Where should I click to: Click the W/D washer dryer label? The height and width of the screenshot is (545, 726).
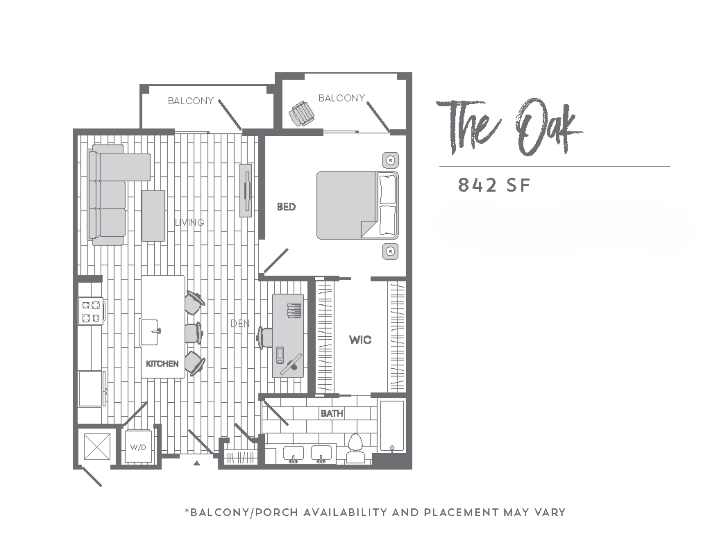pyautogui.click(x=138, y=447)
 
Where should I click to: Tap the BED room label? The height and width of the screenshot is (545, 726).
pyautogui.click(x=286, y=207)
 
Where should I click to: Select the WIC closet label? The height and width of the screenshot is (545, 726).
pyautogui.click(x=360, y=340)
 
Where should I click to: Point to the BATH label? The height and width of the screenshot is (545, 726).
pyautogui.click(x=332, y=413)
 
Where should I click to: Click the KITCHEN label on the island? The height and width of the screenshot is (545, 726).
pyautogui.click(x=162, y=364)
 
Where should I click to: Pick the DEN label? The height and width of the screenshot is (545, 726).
pyautogui.click(x=240, y=323)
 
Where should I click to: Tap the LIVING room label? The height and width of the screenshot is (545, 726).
pyautogui.click(x=190, y=222)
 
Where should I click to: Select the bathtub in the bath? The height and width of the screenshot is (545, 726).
pyautogui.click(x=392, y=426)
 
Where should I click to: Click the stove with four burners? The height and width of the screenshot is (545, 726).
pyautogui.click(x=91, y=311)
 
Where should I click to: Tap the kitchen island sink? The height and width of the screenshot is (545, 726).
pyautogui.click(x=149, y=332)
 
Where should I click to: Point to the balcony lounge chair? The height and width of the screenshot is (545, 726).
pyautogui.click(x=302, y=113)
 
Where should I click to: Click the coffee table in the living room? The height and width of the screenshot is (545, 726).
pyautogui.click(x=153, y=216)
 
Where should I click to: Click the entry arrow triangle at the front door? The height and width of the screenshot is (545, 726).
pyautogui.click(x=197, y=463)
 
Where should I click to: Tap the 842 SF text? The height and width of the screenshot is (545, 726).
pyautogui.click(x=493, y=185)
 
